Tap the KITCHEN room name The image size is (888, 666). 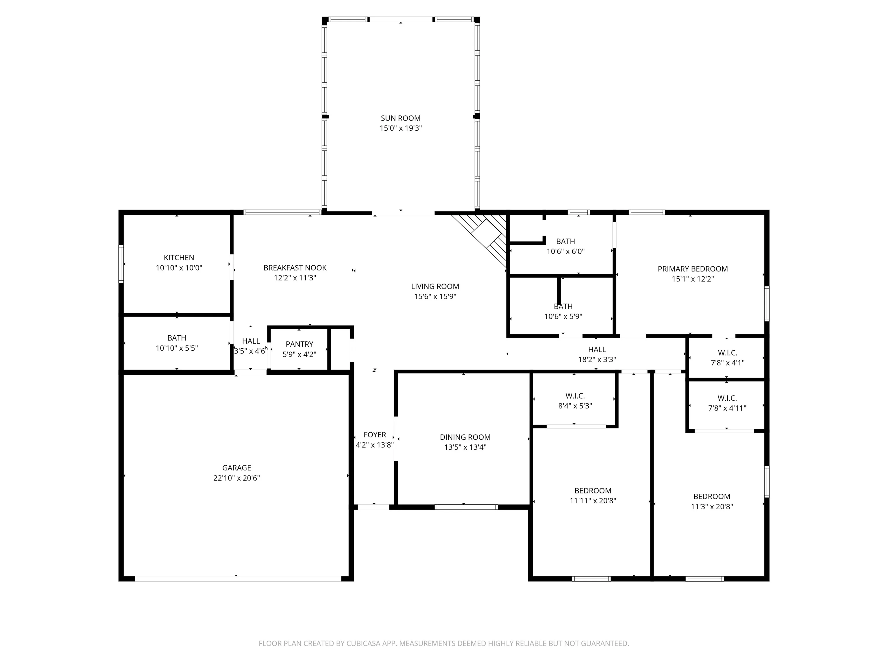[x=179, y=258]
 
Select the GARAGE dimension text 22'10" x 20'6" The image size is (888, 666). [x=237, y=478]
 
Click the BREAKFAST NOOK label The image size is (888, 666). [x=295, y=268]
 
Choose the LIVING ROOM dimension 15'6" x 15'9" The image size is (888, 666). [x=435, y=296]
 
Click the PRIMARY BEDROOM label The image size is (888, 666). [x=693, y=269]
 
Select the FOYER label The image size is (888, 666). [x=375, y=435]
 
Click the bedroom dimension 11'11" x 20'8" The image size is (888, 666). [x=593, y=501]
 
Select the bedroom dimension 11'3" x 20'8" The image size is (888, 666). [x=712, y=507]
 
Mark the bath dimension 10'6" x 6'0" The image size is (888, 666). [x=566, y=251]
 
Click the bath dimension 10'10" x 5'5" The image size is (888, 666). [x=177, y=348]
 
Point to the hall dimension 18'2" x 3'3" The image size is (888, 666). [x=597, y=360]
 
